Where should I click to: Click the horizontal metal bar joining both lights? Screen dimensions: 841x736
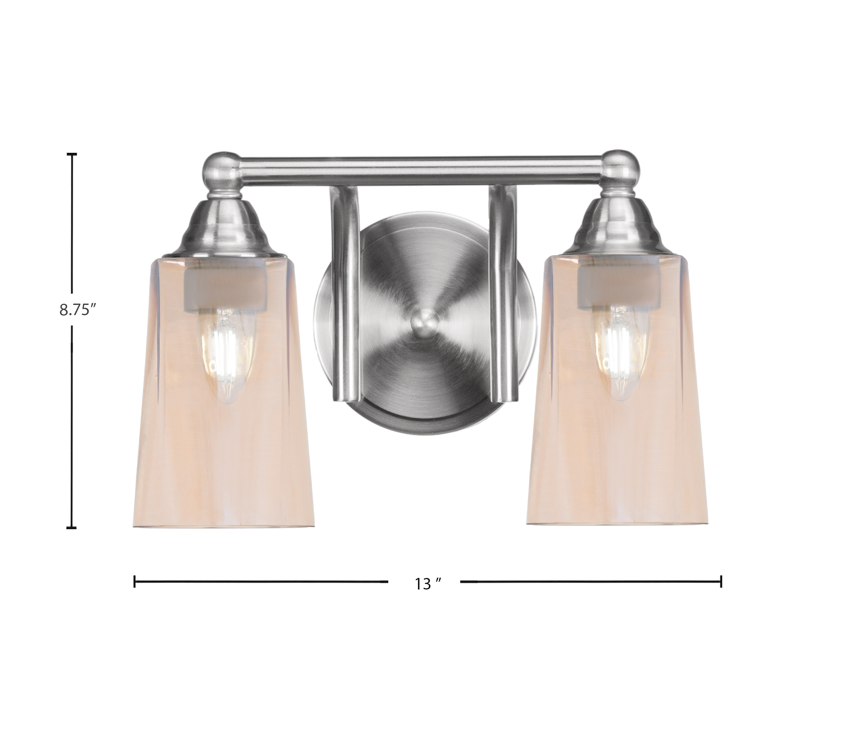click(421, 169)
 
